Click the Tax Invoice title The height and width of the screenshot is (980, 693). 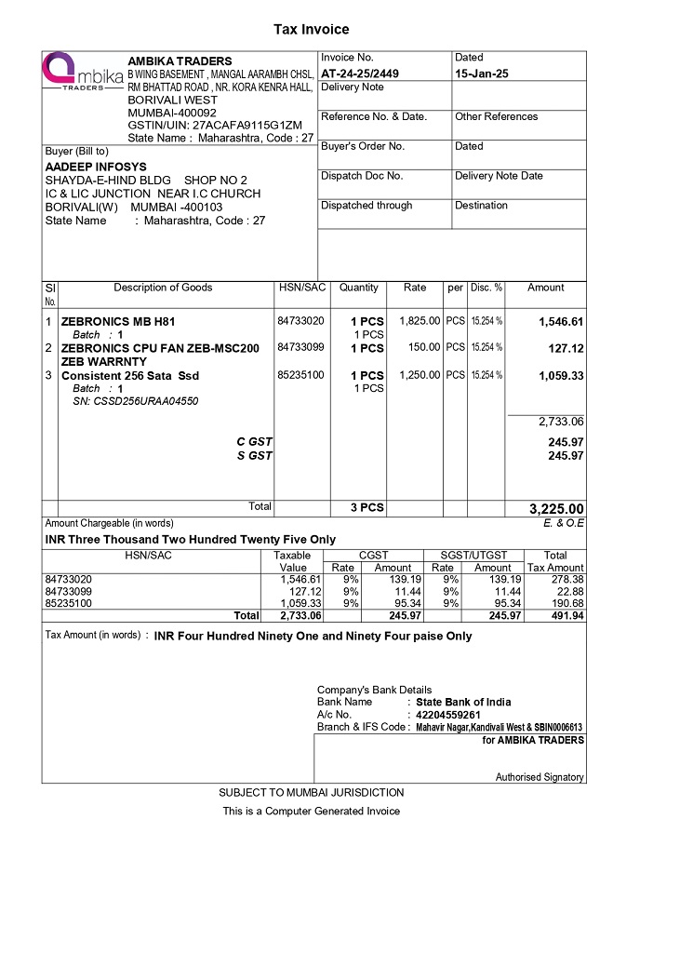pyautogui.click(x=311, y=30)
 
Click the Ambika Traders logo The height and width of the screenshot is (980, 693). pyautogui.click(x=83, y=74)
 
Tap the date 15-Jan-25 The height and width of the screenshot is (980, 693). pyautogui.click(x=481, y=73)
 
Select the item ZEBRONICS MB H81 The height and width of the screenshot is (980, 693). pyautogui.click(x=117, y=322)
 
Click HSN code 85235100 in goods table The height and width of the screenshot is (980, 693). pyautogui.click(x=300, y=375)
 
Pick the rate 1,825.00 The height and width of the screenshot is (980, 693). pyautogui.click(x=419, y=321)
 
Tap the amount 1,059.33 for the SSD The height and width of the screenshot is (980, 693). pyautogui.click(x=561, y=376)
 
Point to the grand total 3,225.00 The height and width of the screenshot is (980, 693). pyautogui.click(x=556, y=508)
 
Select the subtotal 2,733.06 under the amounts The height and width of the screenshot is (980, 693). pyautogui.click(x=560, y=422)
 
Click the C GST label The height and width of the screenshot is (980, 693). pyautogui.click(x=254, y=441)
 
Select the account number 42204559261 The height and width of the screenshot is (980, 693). pyautogui.click(x=447, y=715)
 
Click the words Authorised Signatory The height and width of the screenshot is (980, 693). pyautogui.click(x=540, y=777)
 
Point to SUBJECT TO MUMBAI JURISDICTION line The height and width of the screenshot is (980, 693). pyautogui.click(x=312, y=793)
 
